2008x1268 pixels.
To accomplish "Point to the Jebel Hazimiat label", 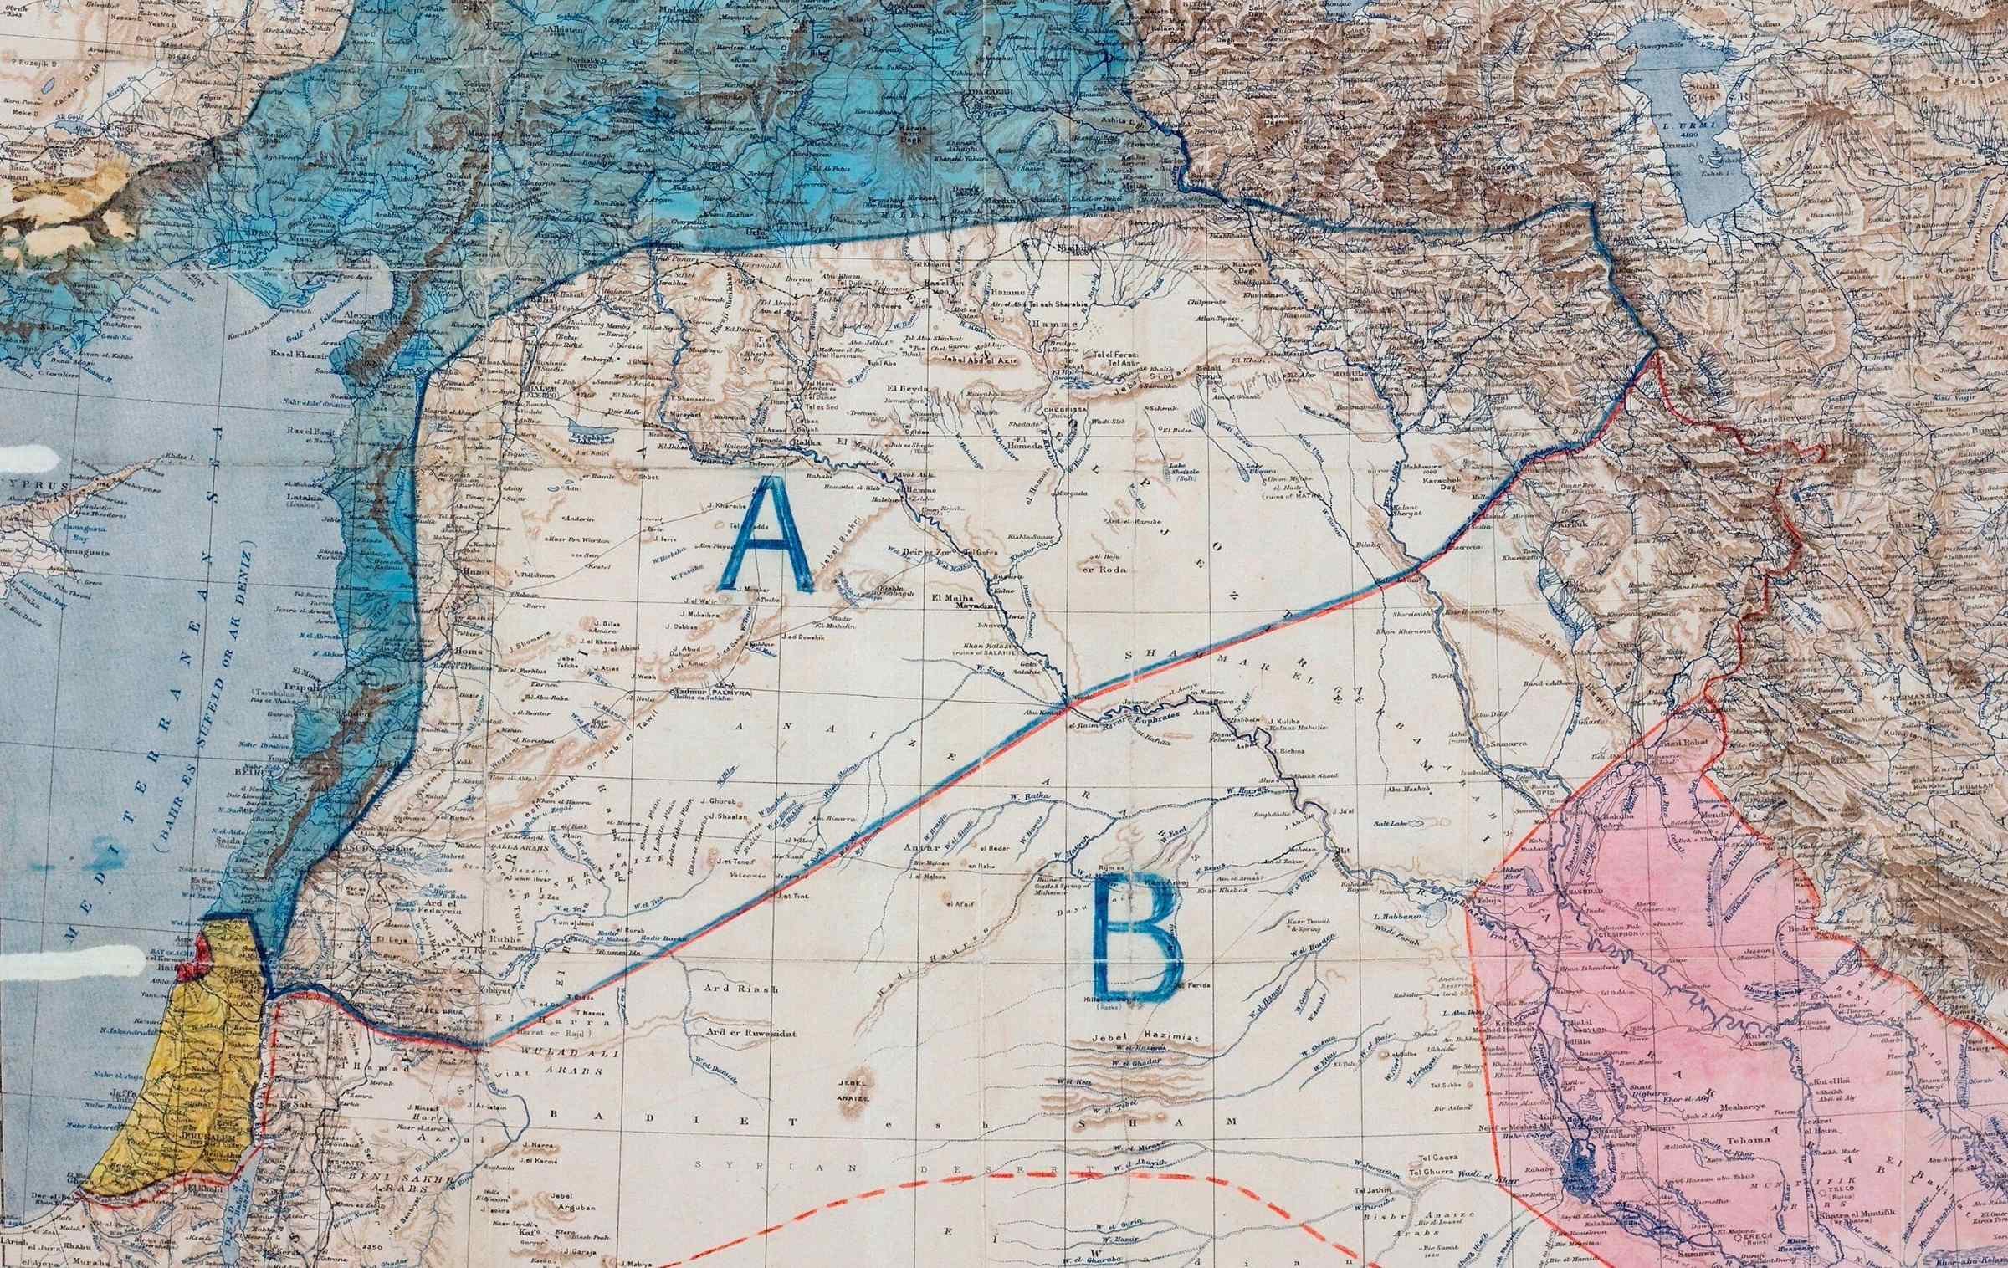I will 1147,1038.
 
